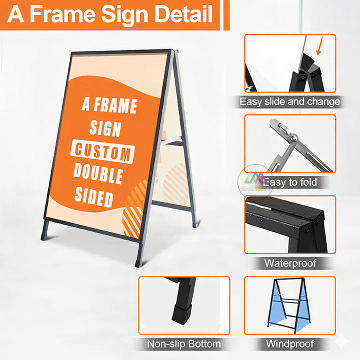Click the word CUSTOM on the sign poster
(102, 152)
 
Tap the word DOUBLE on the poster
(98, 173)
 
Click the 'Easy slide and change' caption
(289, 102)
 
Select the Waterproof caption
(290, 262)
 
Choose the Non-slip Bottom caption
(184, 343)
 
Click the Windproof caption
(289, 343)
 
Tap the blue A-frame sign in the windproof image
(288, 305)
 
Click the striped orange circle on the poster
(134, 210)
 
